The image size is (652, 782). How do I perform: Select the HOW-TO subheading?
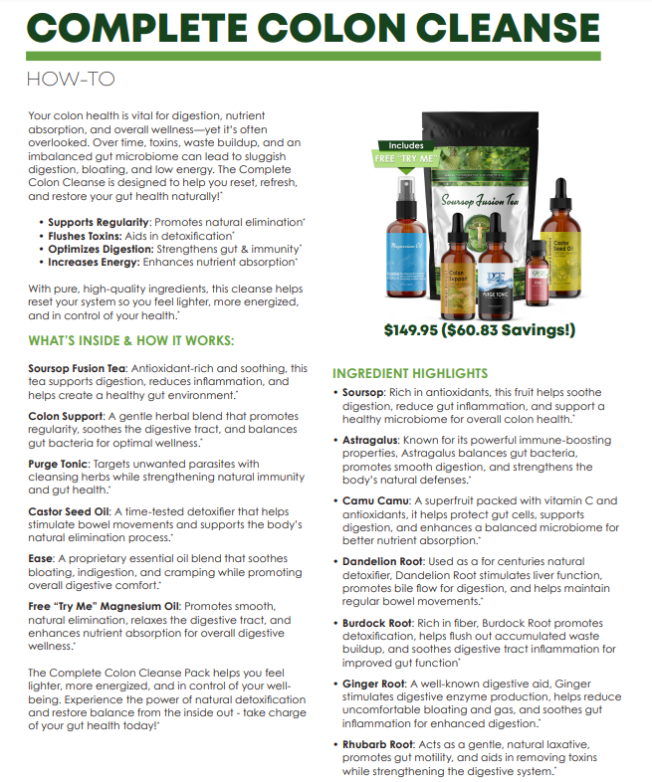point(71,78)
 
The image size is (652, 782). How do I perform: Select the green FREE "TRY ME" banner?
point(409,157)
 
